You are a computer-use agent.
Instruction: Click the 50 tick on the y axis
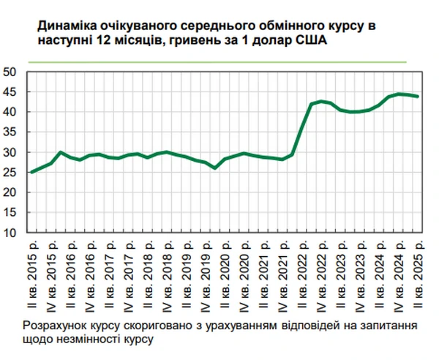coord(12,72)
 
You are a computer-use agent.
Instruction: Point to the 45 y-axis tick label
coord(12,92)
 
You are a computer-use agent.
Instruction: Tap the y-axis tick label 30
coord(12,152)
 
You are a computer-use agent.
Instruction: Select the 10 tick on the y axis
coord(12,233)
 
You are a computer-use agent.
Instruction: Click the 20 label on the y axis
coord(12,192)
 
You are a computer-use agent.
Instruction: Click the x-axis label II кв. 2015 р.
coord(32,274)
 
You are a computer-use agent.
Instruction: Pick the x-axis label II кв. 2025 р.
coord(417,274)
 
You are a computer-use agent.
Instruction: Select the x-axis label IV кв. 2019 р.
coord(215,274)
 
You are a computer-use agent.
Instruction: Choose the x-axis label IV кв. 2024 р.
coord(398,274)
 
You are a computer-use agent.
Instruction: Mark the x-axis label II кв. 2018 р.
coord(148,274)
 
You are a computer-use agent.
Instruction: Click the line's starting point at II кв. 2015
coord(32,172)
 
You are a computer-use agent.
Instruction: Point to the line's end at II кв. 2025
coord(417,96)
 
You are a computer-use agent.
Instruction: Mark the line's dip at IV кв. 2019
coord(215,168)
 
